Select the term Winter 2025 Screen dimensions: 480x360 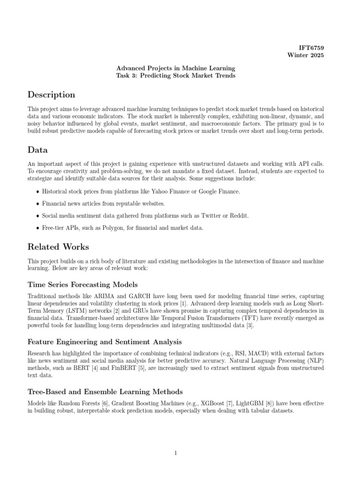[x=305, y=56]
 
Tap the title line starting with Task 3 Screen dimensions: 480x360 [x=176, y=76]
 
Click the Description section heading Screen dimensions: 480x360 [x=51, y=95]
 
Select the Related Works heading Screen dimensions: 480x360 [x=58, y=247]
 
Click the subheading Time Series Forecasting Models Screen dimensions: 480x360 [x=82, y=285]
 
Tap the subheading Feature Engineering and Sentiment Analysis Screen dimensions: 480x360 [x=105, y=342]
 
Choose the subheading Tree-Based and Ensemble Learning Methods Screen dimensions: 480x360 [x=105, y=391]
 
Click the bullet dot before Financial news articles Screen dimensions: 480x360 [x=37, y=203]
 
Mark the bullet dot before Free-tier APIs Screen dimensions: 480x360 [x=37, y=228]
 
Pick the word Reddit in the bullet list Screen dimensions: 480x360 [x=239, y=216]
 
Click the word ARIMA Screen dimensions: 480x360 [x=96, y=297]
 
